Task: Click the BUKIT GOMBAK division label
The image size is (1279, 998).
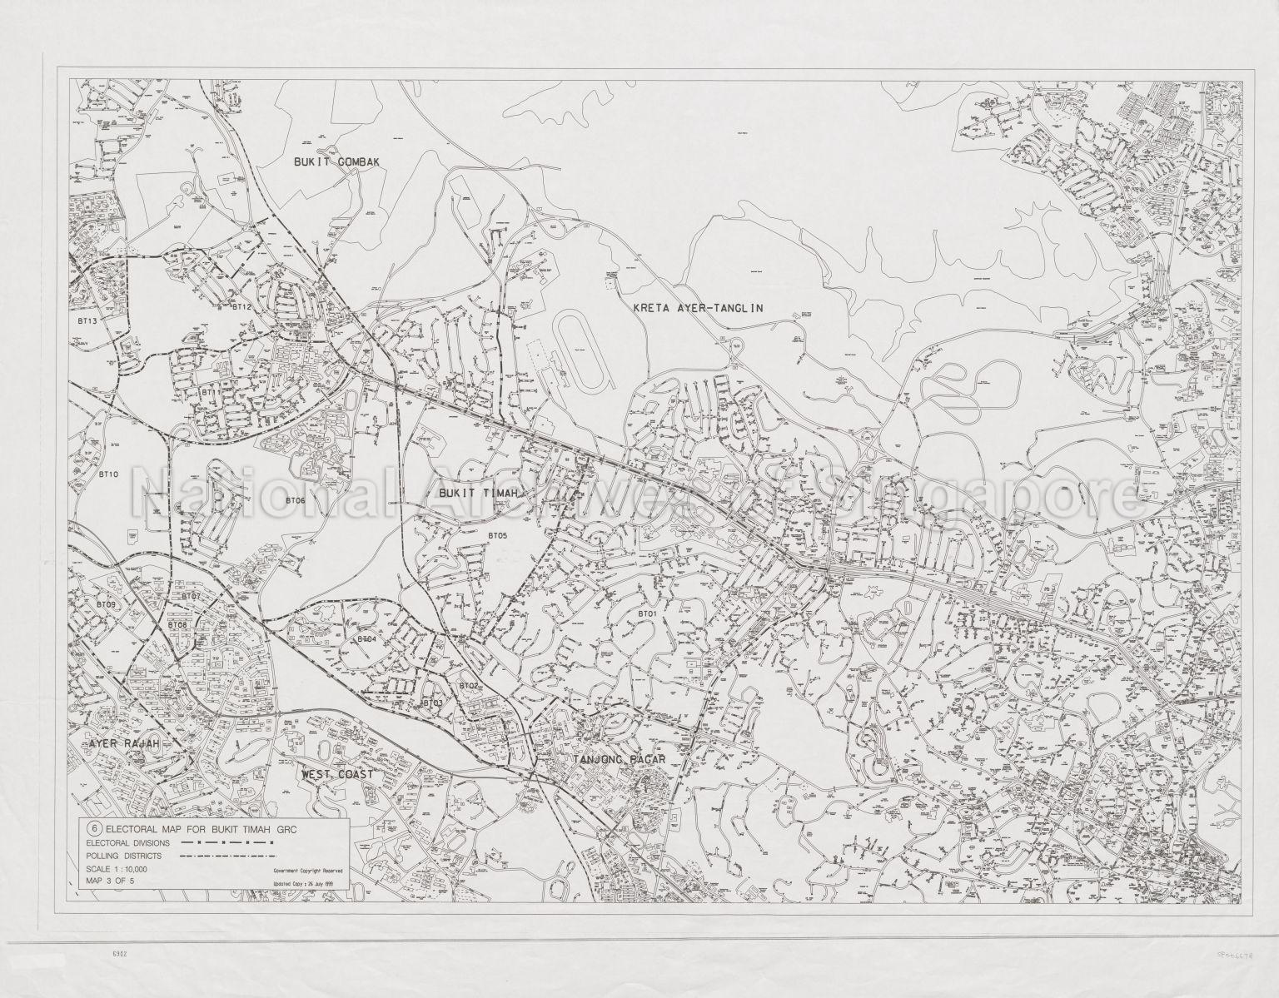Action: [x=336, y=162]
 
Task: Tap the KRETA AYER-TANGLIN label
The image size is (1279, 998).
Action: [x=698, y=308]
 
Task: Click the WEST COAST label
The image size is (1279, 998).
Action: [x=338, y=774]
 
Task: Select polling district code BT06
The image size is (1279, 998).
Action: [x=295, y=500]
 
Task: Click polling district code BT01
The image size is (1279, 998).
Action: [x=647, y=614]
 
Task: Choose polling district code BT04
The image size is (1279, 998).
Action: [x=366, y=639]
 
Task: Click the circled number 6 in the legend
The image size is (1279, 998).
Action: [x=94, y=829]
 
